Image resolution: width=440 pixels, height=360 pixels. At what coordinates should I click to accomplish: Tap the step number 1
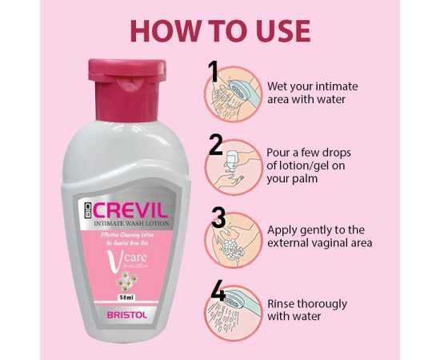coord(214,72)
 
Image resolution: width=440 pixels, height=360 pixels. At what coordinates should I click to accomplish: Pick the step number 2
coord(215,145)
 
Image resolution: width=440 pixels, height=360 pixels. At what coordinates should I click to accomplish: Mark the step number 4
coord(217,291)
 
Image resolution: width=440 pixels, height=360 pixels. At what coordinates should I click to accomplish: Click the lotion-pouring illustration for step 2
coord(234,166)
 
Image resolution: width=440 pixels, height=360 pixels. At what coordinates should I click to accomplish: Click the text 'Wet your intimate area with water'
coord(313,94)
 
